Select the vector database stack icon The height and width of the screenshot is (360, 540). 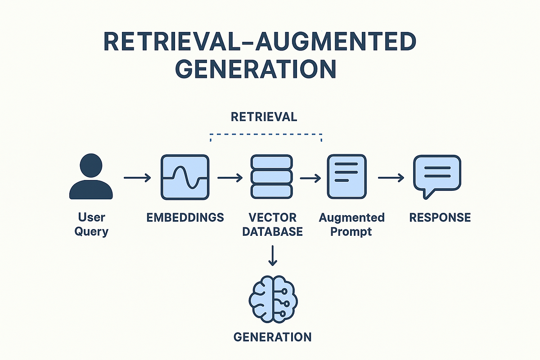(x=272, y=177)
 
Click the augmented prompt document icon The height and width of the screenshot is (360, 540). (x=346, y=176)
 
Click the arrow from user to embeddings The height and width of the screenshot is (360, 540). (x=137, y=178)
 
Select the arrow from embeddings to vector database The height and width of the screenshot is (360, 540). (x=229, y=178)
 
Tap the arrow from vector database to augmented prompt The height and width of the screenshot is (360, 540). (x=310, y=178)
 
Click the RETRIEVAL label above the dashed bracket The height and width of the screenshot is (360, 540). (x=264, y=117)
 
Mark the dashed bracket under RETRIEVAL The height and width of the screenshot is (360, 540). (x=266, y=134)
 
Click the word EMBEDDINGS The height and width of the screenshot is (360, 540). (x=185, y=217)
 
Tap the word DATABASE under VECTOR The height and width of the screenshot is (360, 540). (x=272, y=232)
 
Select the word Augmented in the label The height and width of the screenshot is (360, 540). (x=351, y=218)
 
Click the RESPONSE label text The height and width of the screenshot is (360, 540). (x=440, y=218)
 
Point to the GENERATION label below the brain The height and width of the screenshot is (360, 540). (x=273, y=337)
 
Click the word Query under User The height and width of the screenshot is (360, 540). (x=91, y=232)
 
